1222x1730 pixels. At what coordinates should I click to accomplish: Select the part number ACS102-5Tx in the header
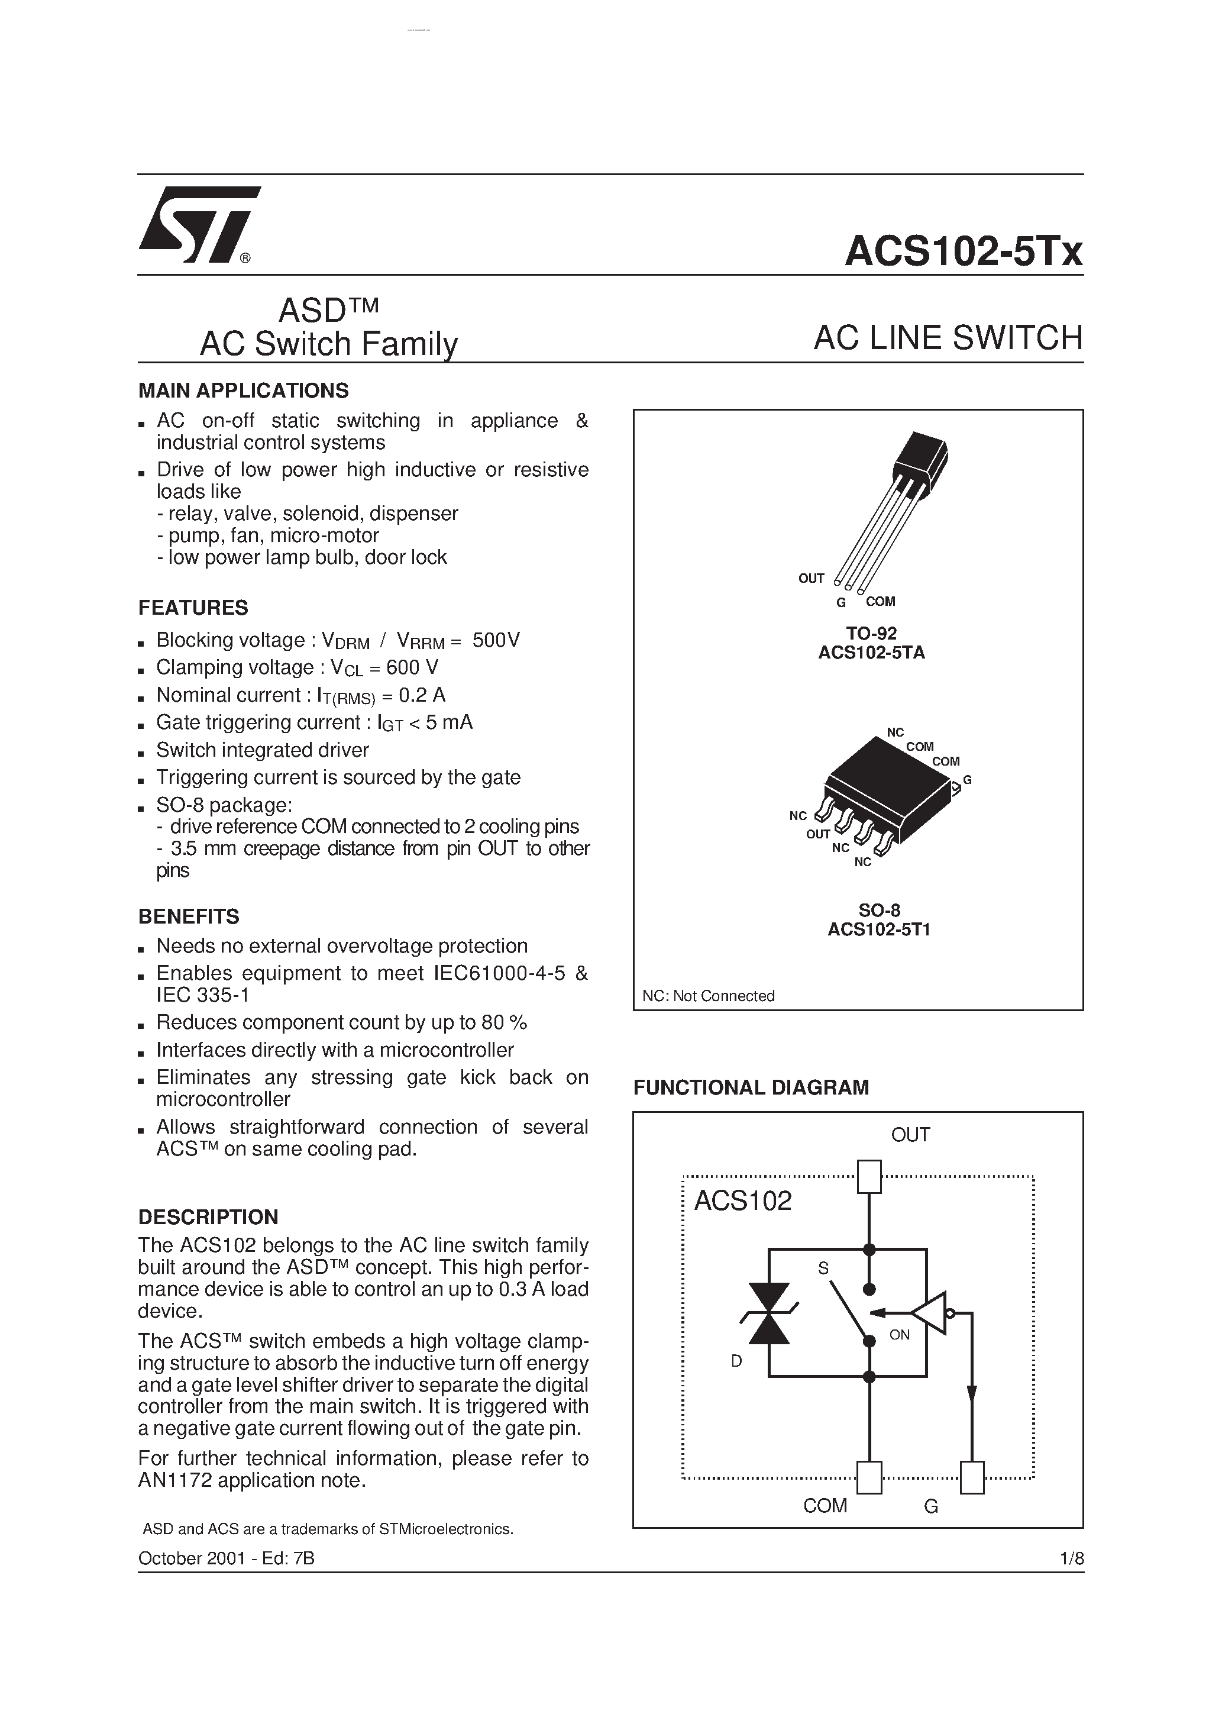point(963,251)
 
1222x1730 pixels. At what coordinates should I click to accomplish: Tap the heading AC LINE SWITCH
point(948,338)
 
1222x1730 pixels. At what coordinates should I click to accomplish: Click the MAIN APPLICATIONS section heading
point(243,390)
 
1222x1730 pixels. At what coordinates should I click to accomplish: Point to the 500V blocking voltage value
point(496,640)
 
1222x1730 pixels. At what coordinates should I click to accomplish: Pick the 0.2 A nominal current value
point(422,695)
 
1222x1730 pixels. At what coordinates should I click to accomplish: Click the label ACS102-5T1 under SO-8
point(878,930)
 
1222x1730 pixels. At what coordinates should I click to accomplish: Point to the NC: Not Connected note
point(708,996)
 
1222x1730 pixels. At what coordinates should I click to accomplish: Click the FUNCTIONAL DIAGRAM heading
point(751,1087)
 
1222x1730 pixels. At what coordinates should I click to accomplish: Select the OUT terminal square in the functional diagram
point(869,1177)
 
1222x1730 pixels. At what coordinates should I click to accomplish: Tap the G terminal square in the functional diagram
point(972,1477)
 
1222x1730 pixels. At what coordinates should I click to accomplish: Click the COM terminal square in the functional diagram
point(869,1477)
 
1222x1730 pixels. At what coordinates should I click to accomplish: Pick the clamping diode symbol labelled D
point(768,1315)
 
